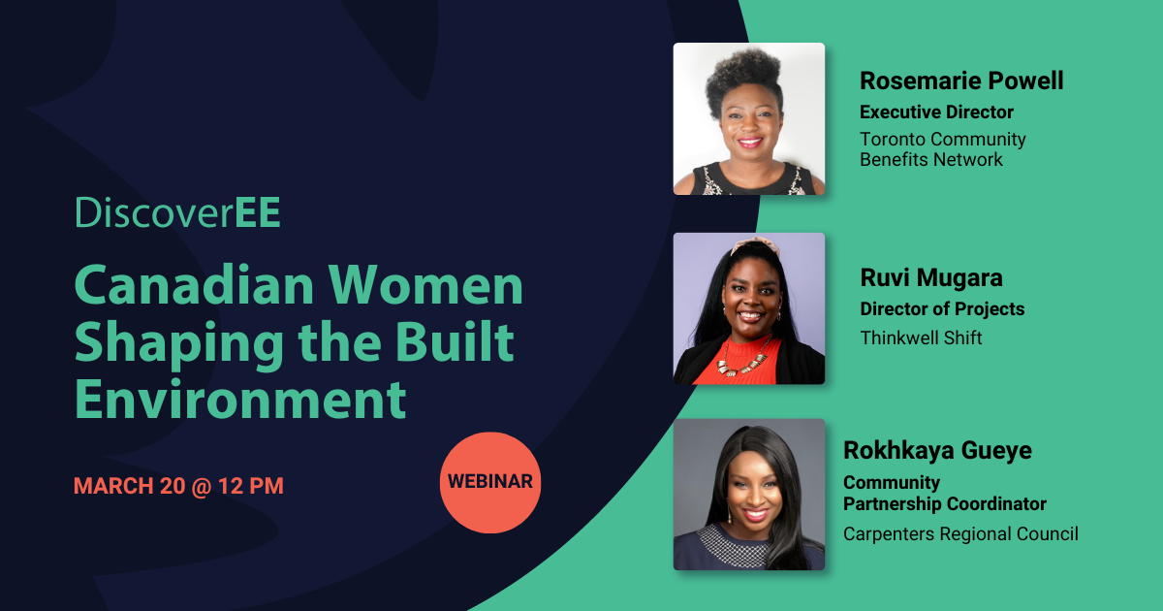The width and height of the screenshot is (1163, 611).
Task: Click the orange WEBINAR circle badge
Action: point(490,482)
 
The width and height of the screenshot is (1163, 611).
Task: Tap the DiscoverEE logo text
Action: point(177,212)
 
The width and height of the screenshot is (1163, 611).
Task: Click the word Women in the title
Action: point(425,286)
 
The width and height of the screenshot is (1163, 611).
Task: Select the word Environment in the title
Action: point(240,399)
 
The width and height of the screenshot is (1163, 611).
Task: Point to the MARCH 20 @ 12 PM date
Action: point(178,486)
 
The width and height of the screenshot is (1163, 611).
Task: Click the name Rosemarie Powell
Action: point(961,80)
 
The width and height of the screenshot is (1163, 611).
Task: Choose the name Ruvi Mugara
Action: point(931,277)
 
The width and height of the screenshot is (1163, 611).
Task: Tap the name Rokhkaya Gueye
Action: point(938,450)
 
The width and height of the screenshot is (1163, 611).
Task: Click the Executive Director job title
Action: point(936,112)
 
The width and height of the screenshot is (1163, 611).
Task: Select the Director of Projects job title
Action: point(942,309)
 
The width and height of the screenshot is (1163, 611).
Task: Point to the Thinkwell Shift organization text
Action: point(921,338)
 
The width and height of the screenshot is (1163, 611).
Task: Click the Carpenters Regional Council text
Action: point(960,534)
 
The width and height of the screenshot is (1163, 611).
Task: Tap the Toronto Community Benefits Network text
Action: point(943,149)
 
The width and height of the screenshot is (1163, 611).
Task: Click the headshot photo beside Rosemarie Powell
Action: point(748,119)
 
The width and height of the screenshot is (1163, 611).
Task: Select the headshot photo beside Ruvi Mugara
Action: point(748,308)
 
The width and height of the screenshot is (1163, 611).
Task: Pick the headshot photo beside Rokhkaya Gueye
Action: point(748,494)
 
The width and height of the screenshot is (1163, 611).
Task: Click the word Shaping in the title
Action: point(179,343)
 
